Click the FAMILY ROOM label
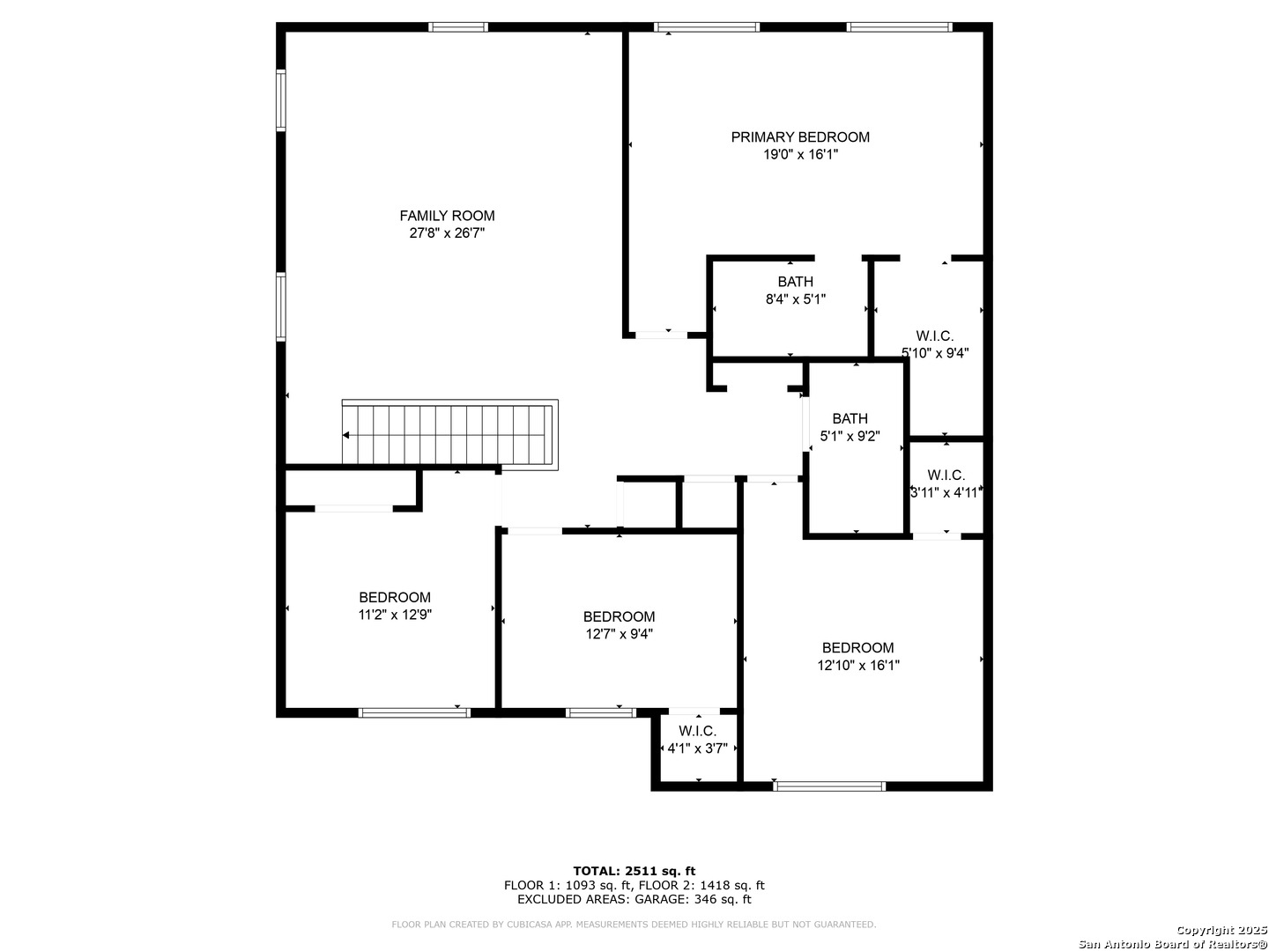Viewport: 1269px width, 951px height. (x=447, y=216)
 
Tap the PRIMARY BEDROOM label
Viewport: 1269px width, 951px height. (x=799, y=136)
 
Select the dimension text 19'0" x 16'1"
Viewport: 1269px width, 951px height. (x=800, y=154)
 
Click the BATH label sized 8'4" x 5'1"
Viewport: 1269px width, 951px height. (x=795, y=281)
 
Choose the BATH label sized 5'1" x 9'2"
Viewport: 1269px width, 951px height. (x=850, y=418)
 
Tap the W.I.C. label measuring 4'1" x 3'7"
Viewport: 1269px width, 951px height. (x=697, y=731)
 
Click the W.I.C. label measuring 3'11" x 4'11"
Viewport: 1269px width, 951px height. (x=946, y=475)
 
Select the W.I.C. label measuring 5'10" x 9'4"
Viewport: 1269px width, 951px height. (x=934, y=335)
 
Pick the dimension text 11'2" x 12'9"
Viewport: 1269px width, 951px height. (x=395, y=615)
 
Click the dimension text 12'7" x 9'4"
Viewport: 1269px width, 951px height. (x=619, y=634)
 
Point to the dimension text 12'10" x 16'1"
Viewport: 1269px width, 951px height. (x=858, y=665)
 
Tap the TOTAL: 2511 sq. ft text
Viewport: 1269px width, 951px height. (x=634, y=871)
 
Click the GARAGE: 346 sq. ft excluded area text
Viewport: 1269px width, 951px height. (x=693, y=899)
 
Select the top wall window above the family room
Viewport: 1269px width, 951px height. (x=458, y=27)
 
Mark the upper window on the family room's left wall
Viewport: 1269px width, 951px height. (x=281, y=100)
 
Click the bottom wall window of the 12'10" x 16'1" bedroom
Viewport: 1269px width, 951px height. (x=829, y=785)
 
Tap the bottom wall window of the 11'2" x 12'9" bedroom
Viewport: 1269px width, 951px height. (x=414, y=712)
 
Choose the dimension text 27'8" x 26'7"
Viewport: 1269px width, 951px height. (x=447, y=232)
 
